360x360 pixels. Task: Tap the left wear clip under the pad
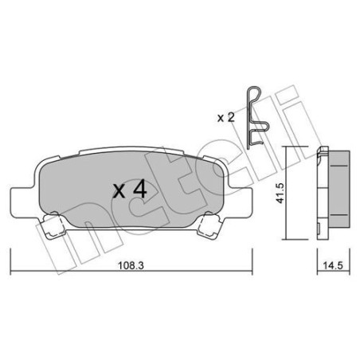coord(53,225)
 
